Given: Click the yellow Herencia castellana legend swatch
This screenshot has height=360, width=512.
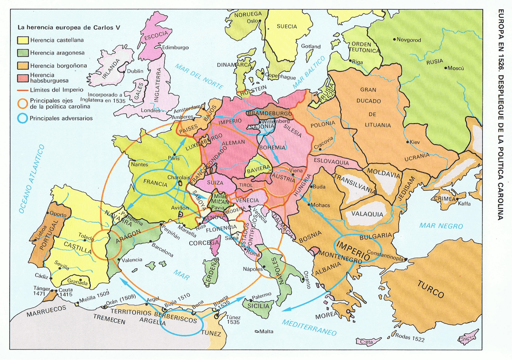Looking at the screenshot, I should pyautogui.click(x=22, y=40).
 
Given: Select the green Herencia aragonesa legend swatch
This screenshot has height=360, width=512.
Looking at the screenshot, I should pyautogui.click(x=22, y=52).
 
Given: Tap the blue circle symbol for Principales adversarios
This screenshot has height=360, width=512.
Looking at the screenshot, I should pyautogui.click(x=22, y=118).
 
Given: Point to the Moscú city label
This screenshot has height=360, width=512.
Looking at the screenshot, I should pyautogui.click(x=455, y=68).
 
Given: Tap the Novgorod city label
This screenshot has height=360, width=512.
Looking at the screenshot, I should pyautogui.click(x=409, y=40).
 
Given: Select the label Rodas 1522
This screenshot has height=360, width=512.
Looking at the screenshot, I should pyautogui.click(x=410, y=340).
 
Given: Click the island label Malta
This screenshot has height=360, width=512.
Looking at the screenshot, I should pyautogui.click(x=266, y=332).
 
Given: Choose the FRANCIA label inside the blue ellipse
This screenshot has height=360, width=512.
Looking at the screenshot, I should pyautogui.click(x=155, y=184).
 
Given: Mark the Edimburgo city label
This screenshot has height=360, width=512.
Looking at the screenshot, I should pyautogui.click(x=176, y=48).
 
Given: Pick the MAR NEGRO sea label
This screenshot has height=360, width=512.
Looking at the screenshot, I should pyautogui.click(x=441, y=226).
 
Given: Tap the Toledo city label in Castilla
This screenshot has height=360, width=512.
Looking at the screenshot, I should pyautogui.click(x=87, y=236).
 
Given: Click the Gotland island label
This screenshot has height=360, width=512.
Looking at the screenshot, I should pyautogui.click(x=311, y=46).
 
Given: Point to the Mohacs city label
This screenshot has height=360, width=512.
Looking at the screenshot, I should pyautogui.click(x=321, y=205).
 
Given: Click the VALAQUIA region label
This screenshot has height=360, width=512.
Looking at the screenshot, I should pyautogui.click(x=367, y=214).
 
